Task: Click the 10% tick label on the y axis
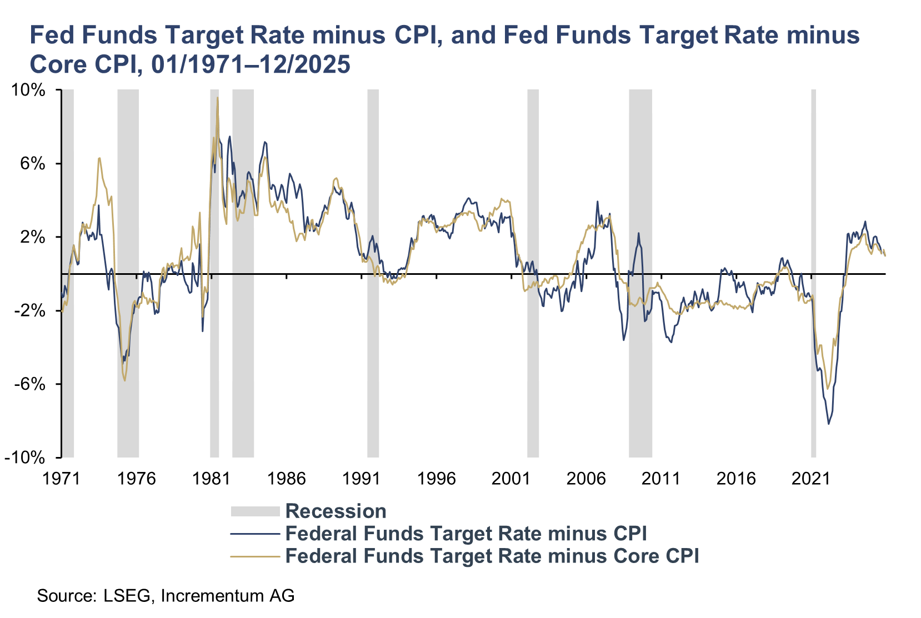point(27,91)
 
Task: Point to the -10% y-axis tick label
point(24,458)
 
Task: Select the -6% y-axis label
point(29,384)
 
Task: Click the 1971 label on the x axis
point(62,478)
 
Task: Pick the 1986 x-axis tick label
point(286,478)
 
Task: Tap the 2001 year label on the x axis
point(511,478)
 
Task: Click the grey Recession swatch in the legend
point(255,511)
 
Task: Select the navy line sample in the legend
point(255,534)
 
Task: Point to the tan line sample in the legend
point(255,556)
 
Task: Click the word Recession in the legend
point(336,511)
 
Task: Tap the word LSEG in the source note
point(127,596)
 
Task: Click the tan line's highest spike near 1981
point(217,98)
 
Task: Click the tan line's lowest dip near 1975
point(125,380)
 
